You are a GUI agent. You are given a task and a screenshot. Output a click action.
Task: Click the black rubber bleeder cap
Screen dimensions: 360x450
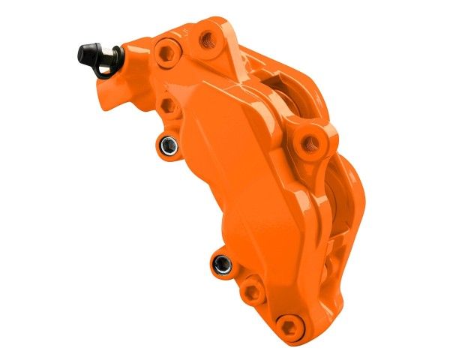pyautogui.click(x=88, y=52)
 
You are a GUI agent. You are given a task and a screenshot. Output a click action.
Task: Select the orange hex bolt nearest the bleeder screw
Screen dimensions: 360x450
pyautogui.click(x=166, y=52)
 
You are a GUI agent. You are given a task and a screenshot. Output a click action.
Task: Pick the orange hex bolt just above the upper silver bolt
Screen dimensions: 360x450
pyautogui.click(x=169, y=104)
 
